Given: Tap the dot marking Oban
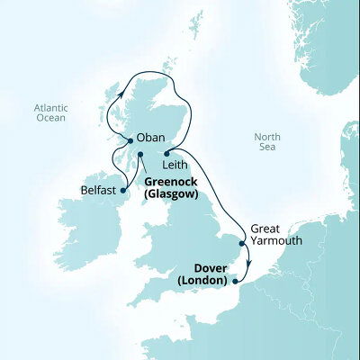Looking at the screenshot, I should tap(128, 140).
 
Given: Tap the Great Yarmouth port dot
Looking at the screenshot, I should tap(241, 243).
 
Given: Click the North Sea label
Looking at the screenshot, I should tap(267, 143).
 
